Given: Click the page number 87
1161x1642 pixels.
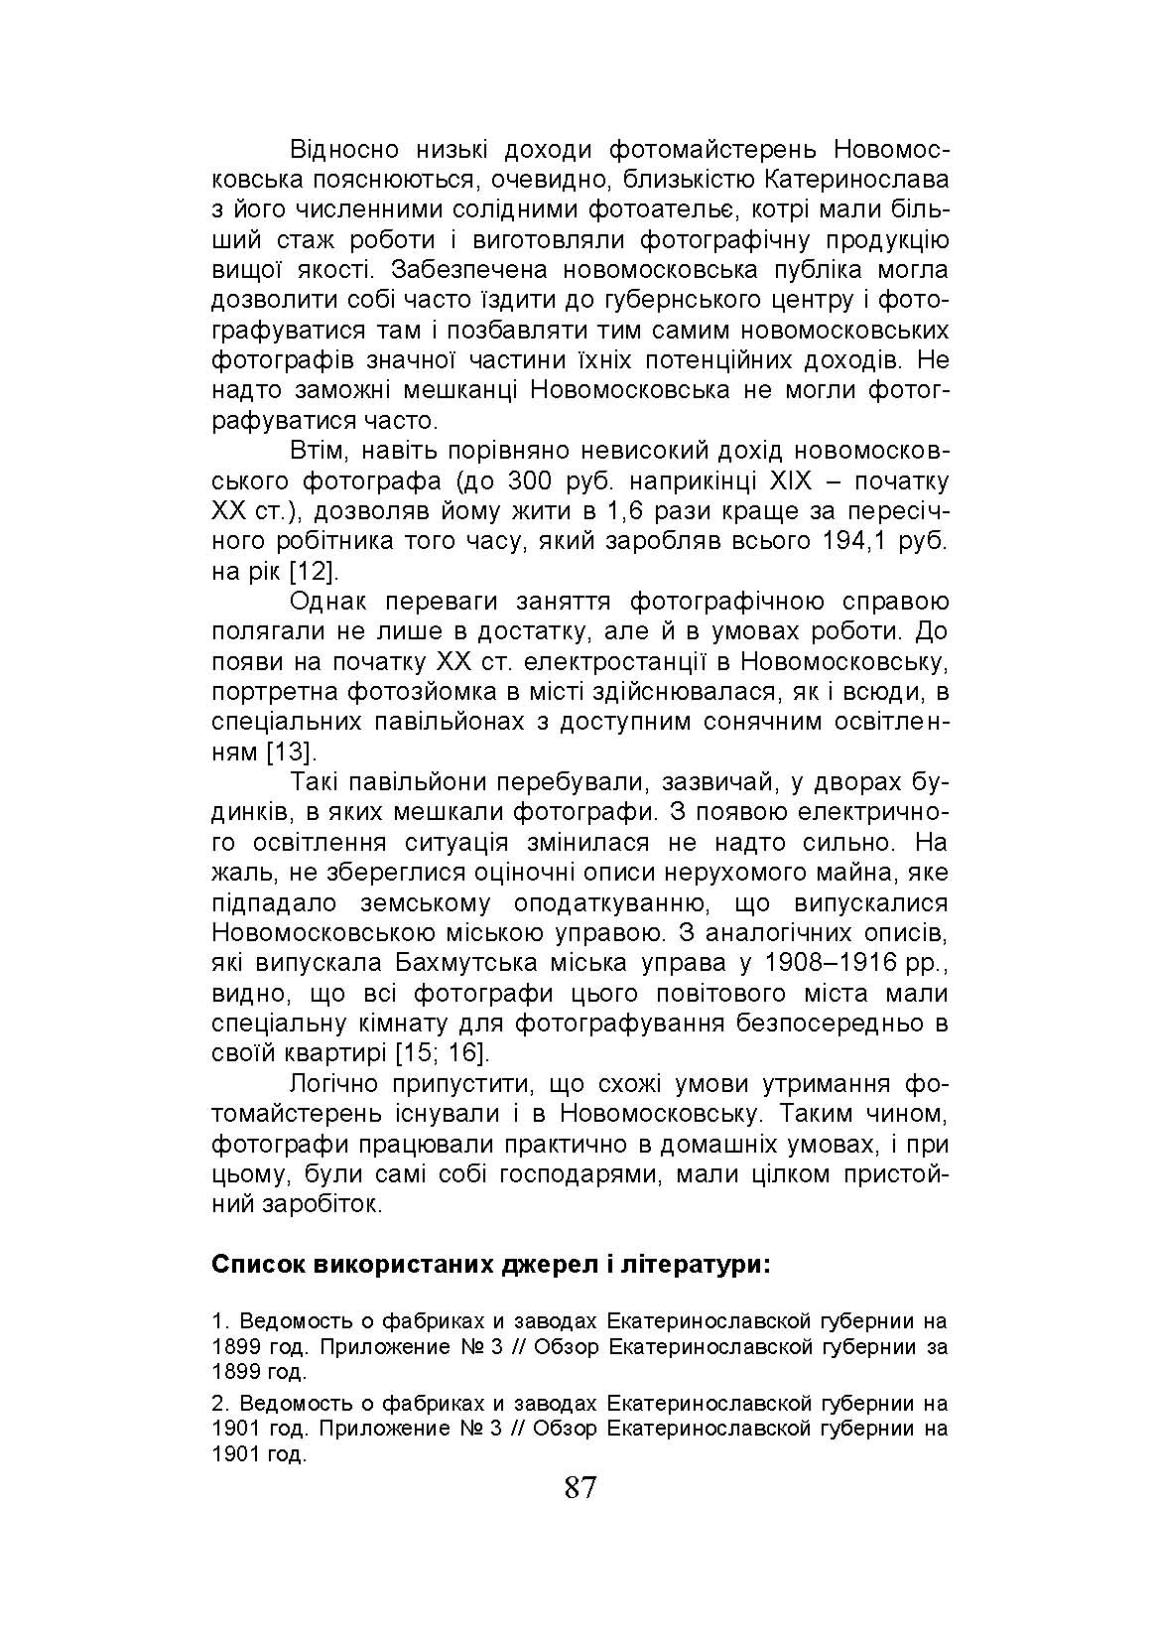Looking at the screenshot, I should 580,1487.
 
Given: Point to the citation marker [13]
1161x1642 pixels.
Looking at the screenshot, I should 292,752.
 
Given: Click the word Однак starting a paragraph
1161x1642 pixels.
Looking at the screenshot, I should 329,602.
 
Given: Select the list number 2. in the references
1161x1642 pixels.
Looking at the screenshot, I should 219,1404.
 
